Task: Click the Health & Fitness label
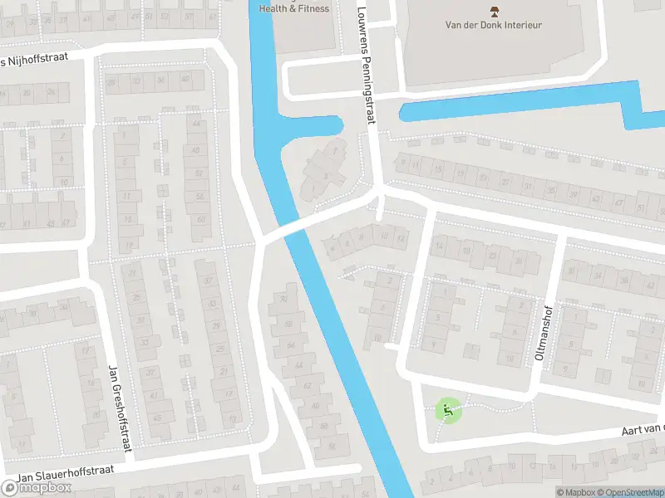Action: (294, 9)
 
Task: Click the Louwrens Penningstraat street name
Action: (367, 66)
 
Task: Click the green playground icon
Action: (447, 409)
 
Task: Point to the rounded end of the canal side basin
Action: (336, 126)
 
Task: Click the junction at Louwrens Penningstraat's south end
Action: (380, 192)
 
